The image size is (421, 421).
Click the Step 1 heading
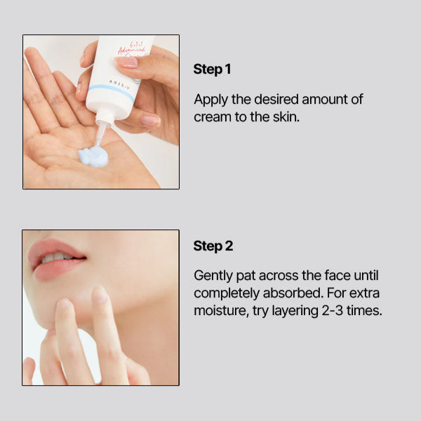pos(212,69)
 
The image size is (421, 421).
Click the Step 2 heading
pos(213,246)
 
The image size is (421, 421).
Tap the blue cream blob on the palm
pos(94,156)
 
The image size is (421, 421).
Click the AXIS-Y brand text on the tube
pos(119,84)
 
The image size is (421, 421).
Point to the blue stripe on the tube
pos(112,93)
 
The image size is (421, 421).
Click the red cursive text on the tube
pos(133,49)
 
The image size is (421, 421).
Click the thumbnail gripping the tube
pos(126,62)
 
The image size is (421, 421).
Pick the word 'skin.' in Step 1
pos(286,116)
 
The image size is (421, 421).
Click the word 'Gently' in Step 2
pos(213,276)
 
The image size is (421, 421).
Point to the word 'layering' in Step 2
pos(295,311)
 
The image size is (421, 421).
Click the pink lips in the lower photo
pos(55,259)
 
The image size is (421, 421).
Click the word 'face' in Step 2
pos(338,276)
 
